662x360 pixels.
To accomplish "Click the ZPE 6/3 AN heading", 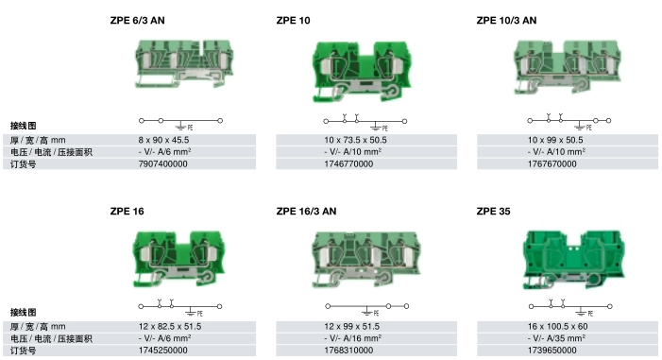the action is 137,20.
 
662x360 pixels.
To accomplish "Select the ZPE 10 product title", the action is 293,20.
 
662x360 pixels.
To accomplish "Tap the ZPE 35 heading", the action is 493,211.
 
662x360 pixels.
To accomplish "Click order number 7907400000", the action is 163,164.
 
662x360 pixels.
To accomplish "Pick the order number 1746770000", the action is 348,164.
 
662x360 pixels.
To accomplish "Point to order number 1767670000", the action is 552,164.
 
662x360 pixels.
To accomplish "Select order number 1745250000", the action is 163,351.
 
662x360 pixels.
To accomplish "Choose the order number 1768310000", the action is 348,351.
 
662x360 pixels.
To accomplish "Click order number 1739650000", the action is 552,351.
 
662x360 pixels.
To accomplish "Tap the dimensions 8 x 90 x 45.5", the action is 163,140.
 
